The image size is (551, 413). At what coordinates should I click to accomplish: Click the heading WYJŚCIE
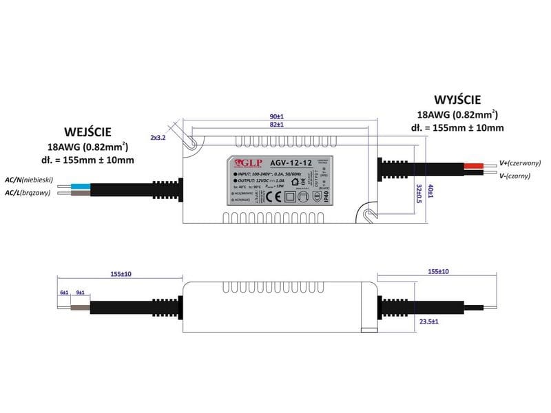(x=457, y=99)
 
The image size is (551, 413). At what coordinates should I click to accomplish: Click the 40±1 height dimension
(x=430, y=191)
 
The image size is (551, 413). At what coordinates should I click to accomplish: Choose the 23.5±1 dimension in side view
(x=430, y=321)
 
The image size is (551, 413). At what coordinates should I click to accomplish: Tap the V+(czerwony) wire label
(x=520, y=164)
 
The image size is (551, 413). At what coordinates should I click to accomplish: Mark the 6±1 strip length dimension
(x=64, y=293)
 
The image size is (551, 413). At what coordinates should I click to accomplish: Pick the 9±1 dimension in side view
(x=80, y=293)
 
